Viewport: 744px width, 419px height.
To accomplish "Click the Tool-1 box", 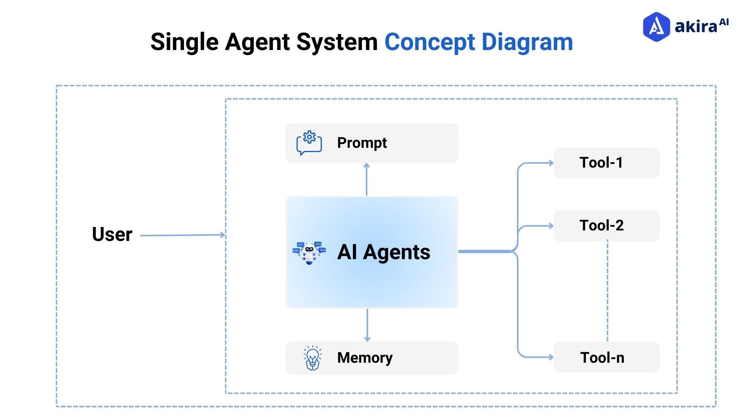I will pyautogui.click(x=606, y=163).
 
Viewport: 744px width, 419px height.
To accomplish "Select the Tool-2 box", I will pyautogui.click(x=606, y=225).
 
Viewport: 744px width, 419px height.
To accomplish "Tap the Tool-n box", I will pyautogui.click(x=606, y=357).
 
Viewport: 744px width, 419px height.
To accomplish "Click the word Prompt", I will pyautogui.click(x=362, y=143).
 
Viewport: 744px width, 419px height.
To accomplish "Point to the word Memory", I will pyautogui.click(x=364, y=357).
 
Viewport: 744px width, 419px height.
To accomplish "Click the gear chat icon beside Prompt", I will pyautogui.click(x=309, y=143).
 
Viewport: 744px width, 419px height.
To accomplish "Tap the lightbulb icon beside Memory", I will pyautogui.click(x=312, y=358).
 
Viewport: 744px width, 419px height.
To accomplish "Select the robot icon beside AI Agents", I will pyautogui.click(x=309, y=253).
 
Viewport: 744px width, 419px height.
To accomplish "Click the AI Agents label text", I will pyautogui.click(x=383, y=252).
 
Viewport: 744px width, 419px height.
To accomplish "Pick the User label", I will pyautogui.click(x=112, y=234).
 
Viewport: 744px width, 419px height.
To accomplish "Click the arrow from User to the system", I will pyautogui.click(x=182, y=235).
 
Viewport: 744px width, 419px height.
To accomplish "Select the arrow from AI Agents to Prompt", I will pyautogui.click(x=367, y=179).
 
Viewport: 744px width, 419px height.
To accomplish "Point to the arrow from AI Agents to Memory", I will pyautogui.click(x=367, y=325).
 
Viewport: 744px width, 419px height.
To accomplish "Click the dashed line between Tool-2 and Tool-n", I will pyautogui.click(x=607, y=291).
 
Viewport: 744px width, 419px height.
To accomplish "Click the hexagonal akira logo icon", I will pyautogui.click(x=656, y=26).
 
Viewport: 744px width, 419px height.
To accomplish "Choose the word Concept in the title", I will pyautogui.click(x=429, y=42).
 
